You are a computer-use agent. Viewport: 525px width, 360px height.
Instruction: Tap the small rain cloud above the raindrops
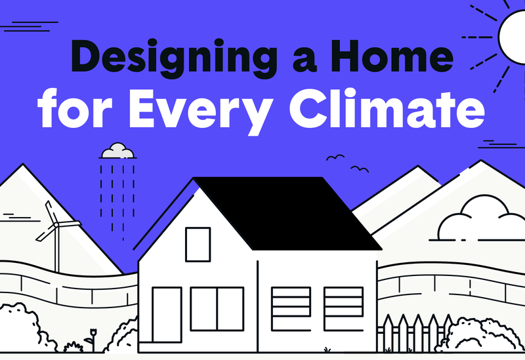coord(117,151)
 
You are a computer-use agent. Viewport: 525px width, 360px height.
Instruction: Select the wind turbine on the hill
coord(56,233)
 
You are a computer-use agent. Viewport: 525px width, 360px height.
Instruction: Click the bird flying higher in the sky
coord(335,157)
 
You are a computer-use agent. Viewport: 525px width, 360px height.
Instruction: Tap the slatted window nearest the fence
coord(343,306)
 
